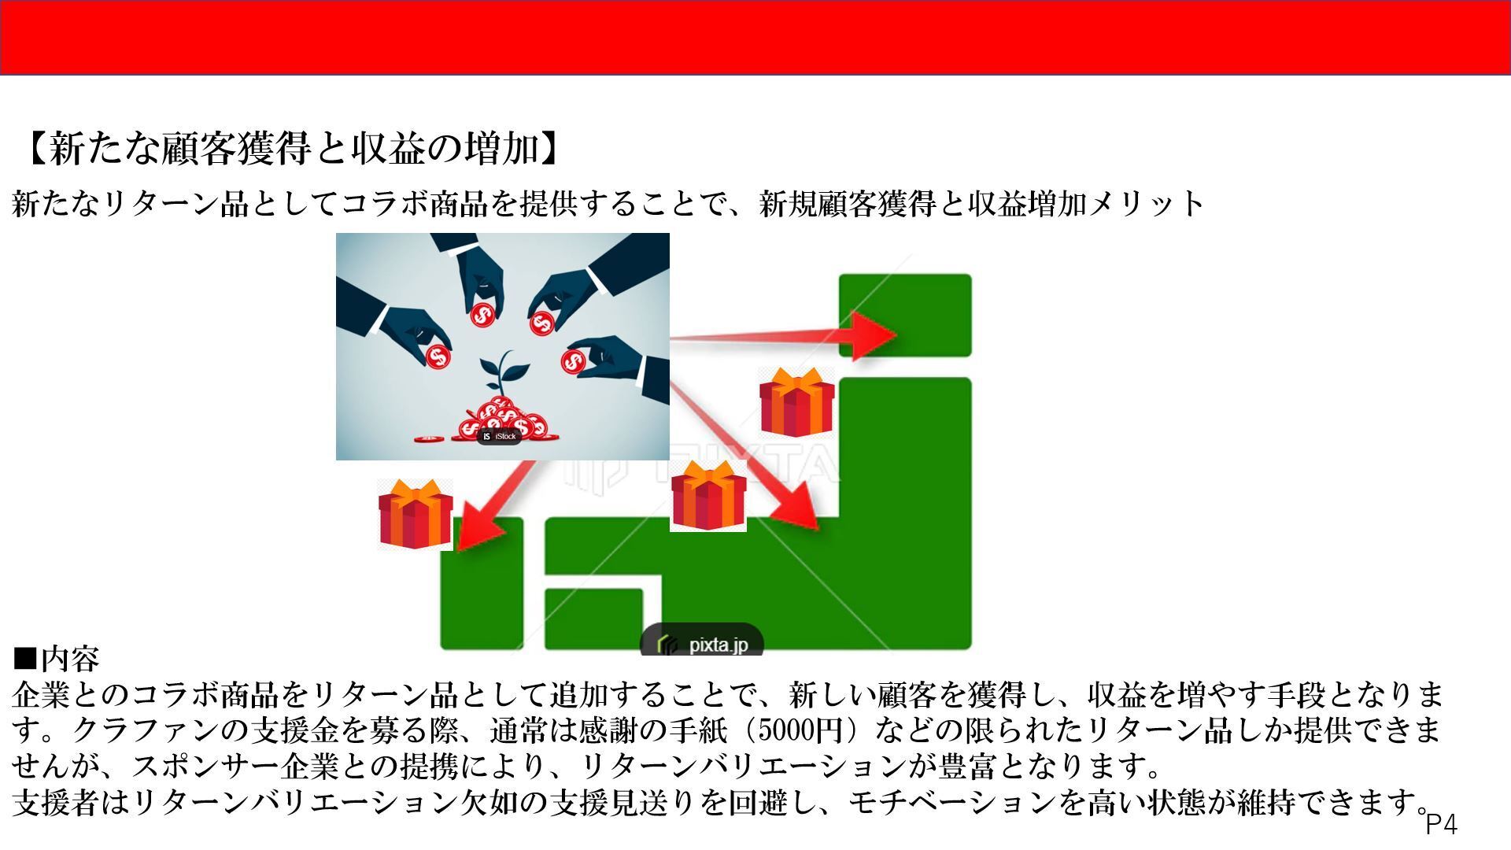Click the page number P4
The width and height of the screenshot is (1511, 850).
(1442, 824)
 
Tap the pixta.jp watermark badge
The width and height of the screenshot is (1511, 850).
(702, 641)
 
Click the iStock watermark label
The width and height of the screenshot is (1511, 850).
(499, 436)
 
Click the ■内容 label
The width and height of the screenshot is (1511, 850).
(56, 657)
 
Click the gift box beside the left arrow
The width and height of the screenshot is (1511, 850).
(416, 514)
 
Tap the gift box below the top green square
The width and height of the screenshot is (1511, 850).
(796, 401)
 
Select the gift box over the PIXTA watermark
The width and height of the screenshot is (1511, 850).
(708, 496)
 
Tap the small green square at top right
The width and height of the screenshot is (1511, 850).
(905, 315)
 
